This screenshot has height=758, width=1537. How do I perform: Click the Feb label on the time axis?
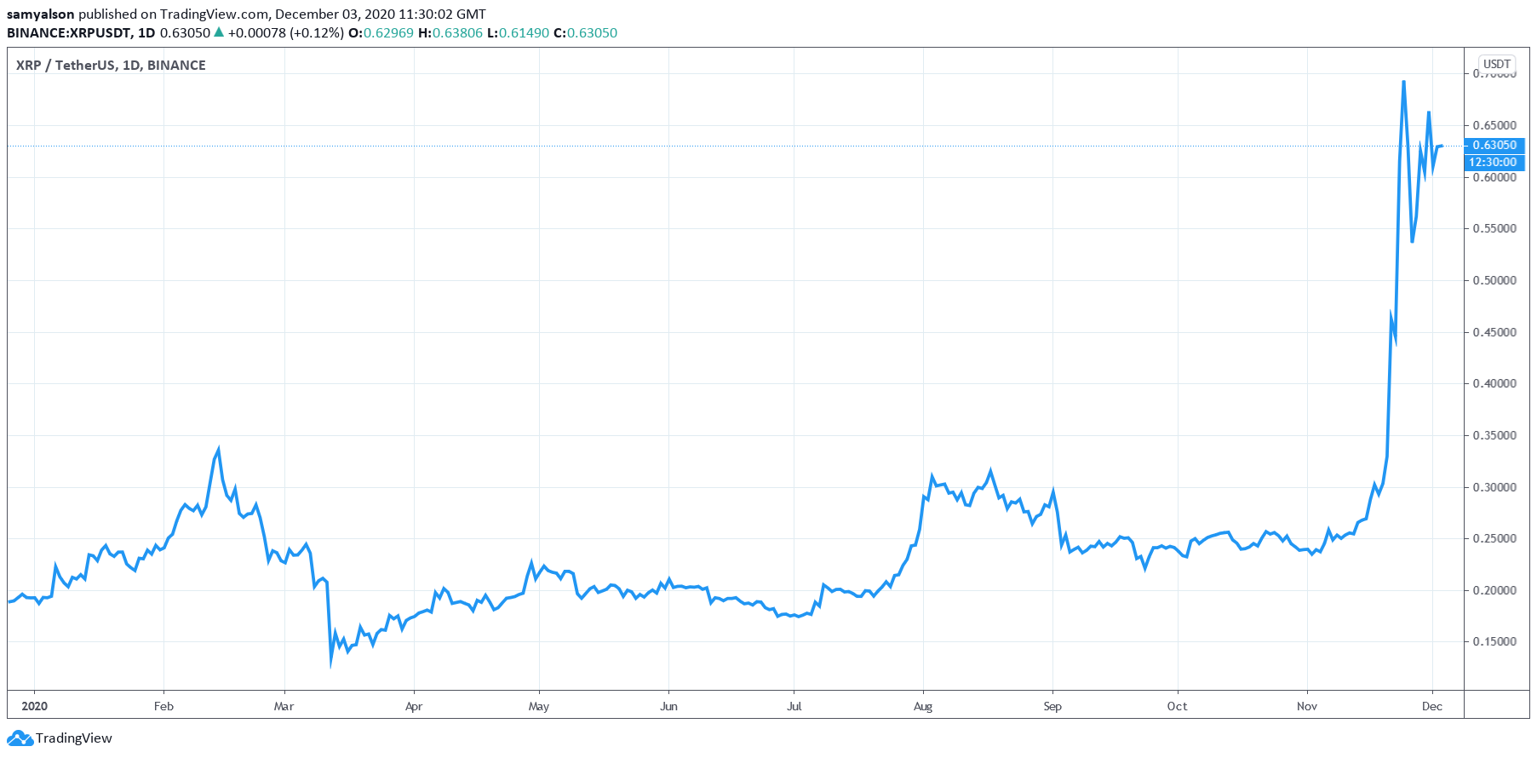click(x=163, y=706)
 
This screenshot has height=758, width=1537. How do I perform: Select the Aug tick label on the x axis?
click(x=923, y=706)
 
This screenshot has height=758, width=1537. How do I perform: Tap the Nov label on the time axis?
click(x=1307, y=706)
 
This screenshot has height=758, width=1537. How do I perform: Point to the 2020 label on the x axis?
click(x=34, y=706)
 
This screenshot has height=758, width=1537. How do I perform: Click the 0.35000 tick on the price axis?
click(x=1494, y=435)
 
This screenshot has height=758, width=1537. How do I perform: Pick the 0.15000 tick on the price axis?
click(x=1494, y=641)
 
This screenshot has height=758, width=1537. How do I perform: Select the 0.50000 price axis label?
click(x=1494, y=280)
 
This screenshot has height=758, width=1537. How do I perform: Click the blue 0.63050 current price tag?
click(x=1494, y=146)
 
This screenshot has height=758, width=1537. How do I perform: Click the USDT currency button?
click(x=1496, y=64)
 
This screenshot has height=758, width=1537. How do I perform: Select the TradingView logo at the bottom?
click(x=60, y=738)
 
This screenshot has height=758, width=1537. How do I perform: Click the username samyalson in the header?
click(x=41, y=14)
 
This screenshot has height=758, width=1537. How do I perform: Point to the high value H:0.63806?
click(x=450, y=33)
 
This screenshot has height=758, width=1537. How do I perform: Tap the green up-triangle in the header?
click(x=219, y=32)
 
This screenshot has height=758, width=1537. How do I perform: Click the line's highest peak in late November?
click(x=1403, y=82)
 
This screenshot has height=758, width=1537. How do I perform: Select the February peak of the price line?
click(x=219, y=449)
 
